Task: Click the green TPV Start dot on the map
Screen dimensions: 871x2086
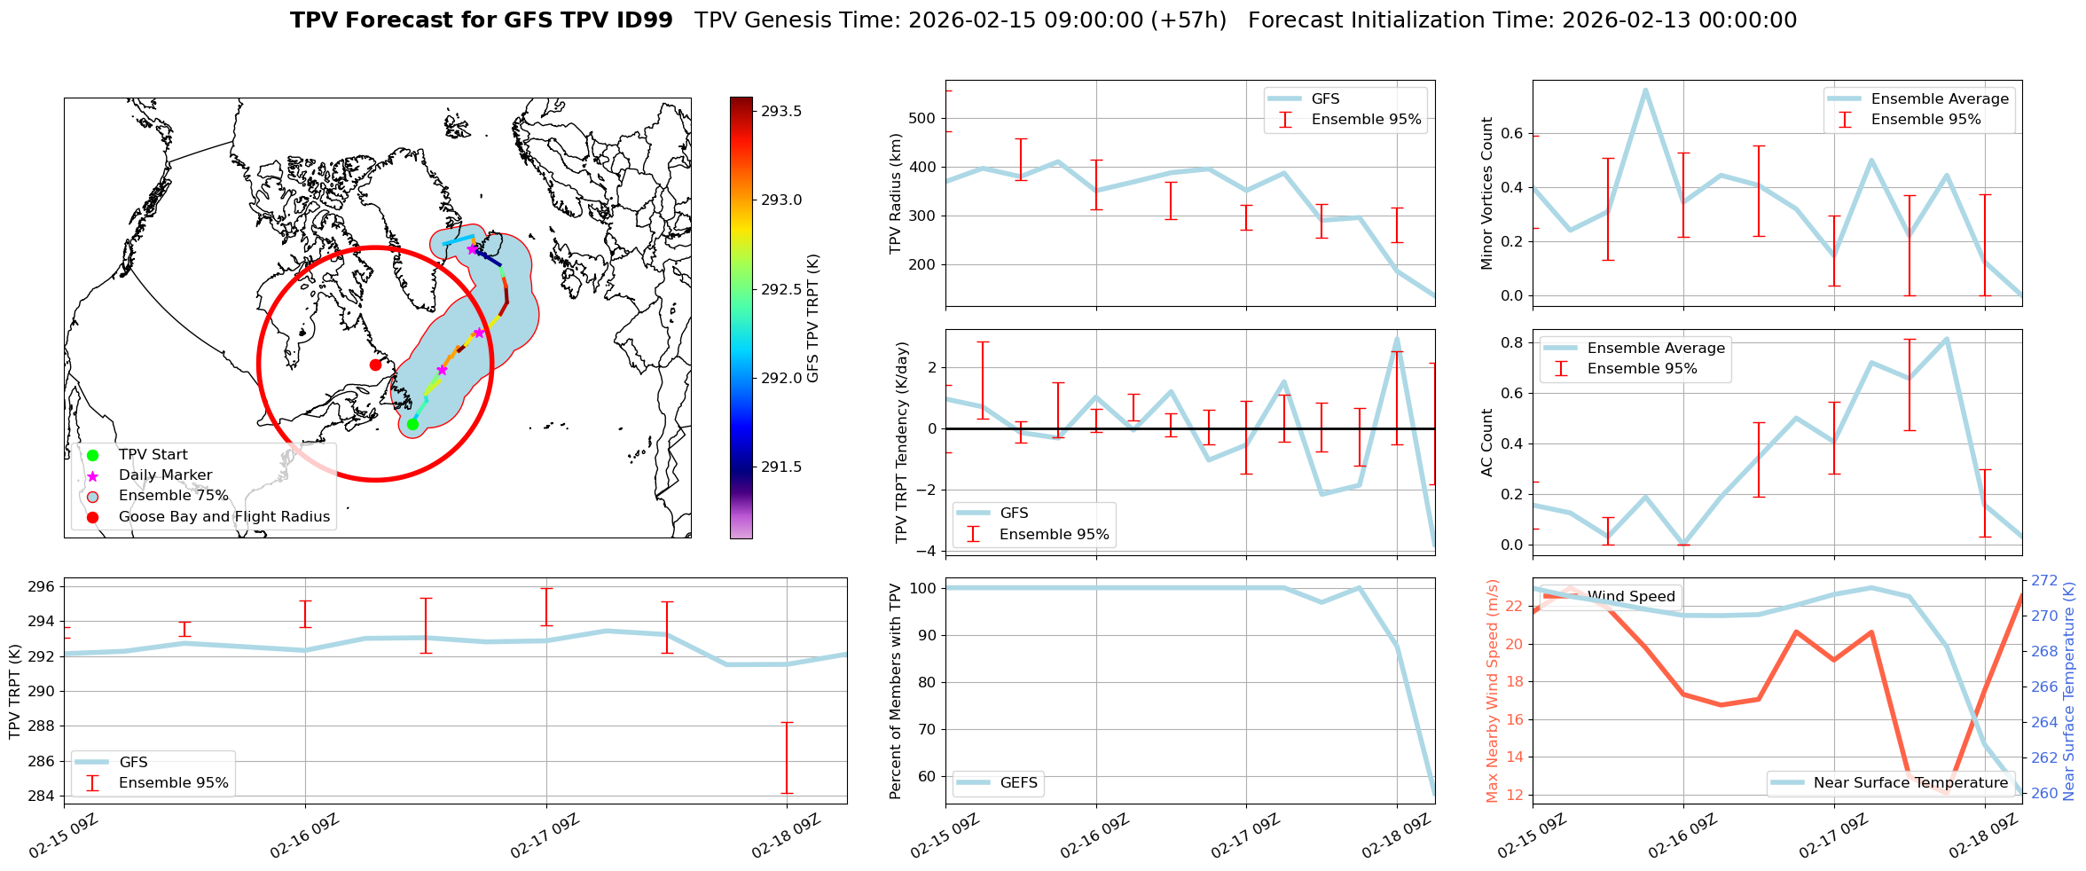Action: (412, 425)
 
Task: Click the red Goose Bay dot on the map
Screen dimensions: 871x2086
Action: (375, 365)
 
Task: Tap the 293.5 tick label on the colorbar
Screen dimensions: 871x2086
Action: (781, 111)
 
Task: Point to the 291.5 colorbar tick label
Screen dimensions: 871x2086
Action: (781, 467)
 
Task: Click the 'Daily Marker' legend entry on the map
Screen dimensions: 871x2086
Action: (165, 475)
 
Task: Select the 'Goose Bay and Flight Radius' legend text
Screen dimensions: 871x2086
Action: (223, 516)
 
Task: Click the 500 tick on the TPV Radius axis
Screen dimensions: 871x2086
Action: (922, 118)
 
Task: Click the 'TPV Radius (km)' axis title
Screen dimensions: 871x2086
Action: (896, 193)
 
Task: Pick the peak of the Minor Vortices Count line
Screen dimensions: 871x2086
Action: (1645, 90)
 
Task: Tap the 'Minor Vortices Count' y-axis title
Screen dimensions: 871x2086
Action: (1487, 193)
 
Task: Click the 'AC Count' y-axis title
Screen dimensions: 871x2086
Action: (1487, 443)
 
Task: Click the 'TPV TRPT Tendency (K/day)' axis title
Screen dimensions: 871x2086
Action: (902, 443)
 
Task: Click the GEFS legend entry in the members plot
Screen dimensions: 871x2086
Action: (1018, 782)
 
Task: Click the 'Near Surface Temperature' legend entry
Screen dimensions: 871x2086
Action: (1910, 782)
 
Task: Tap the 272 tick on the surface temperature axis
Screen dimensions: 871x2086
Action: (2044, 580)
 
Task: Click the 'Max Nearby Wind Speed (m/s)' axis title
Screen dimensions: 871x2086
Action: (1492, 691)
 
